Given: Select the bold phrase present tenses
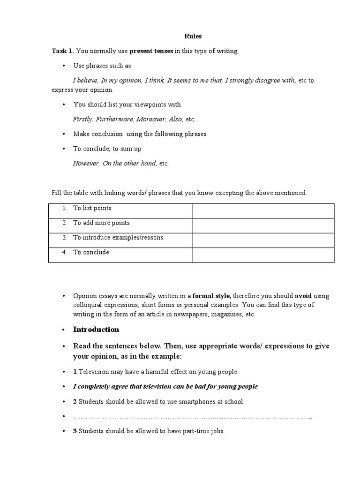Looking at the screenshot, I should point(151,51).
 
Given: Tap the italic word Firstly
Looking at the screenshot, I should point(83,119).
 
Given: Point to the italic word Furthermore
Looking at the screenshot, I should point(113,119).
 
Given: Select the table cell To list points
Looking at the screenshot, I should point(92,208).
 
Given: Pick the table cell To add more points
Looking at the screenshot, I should point(101,223).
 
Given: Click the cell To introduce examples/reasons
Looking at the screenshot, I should point(118,237).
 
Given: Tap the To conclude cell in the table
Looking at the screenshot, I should point(91,252).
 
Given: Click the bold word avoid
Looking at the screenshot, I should point(303,296).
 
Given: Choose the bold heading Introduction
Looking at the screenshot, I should point(96,329).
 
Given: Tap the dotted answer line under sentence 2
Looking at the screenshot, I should point(192,416).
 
